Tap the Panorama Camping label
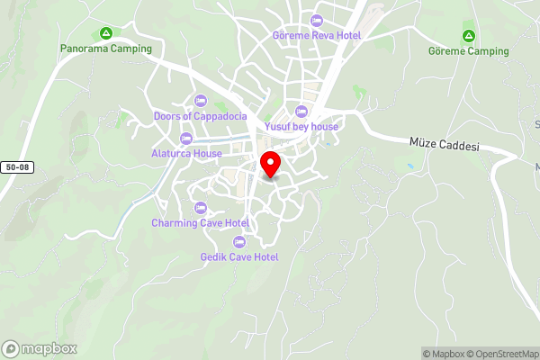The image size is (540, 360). (106, 49)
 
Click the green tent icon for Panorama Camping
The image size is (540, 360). (106, 33)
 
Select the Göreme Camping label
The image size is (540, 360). (468, 51)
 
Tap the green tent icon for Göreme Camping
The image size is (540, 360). (468, 36)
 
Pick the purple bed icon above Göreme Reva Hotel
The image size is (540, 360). (315, 21)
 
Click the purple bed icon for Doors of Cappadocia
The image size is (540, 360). (199, 100)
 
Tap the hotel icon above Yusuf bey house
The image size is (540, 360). (301, 112)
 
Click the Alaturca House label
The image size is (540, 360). (186, 153)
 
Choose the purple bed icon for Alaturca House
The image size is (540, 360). (186, 138)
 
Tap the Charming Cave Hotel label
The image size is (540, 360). (200, 222)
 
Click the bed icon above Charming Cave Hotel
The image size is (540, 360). (200, 208)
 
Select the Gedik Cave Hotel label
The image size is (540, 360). (239, 256)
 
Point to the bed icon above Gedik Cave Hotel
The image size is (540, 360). (239, 241)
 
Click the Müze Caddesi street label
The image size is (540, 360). (444, 145)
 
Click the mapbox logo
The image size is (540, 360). (40, 348)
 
